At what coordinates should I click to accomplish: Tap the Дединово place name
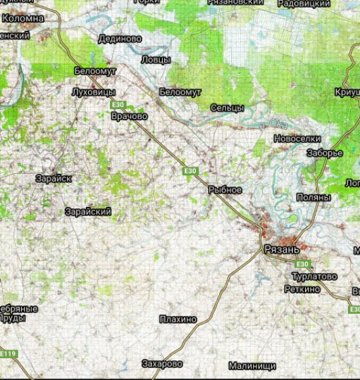tap(120, 39)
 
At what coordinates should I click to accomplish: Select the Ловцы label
tap(156, 60)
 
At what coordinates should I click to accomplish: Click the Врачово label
tap(130, 115)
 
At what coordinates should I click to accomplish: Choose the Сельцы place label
tap(228, 108)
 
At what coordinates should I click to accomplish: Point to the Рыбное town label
tap(225, 190)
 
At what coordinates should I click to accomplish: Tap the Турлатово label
tap(314, 277)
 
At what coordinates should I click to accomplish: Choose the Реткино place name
tap(303, 289)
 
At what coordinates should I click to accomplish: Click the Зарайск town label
tap(54, 179)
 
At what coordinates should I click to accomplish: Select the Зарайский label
tap(87, 212)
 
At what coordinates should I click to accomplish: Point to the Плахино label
tap(178, 319)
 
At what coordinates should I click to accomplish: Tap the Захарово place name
tap(162, 364)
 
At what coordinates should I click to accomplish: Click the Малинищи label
tap(252, 366)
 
